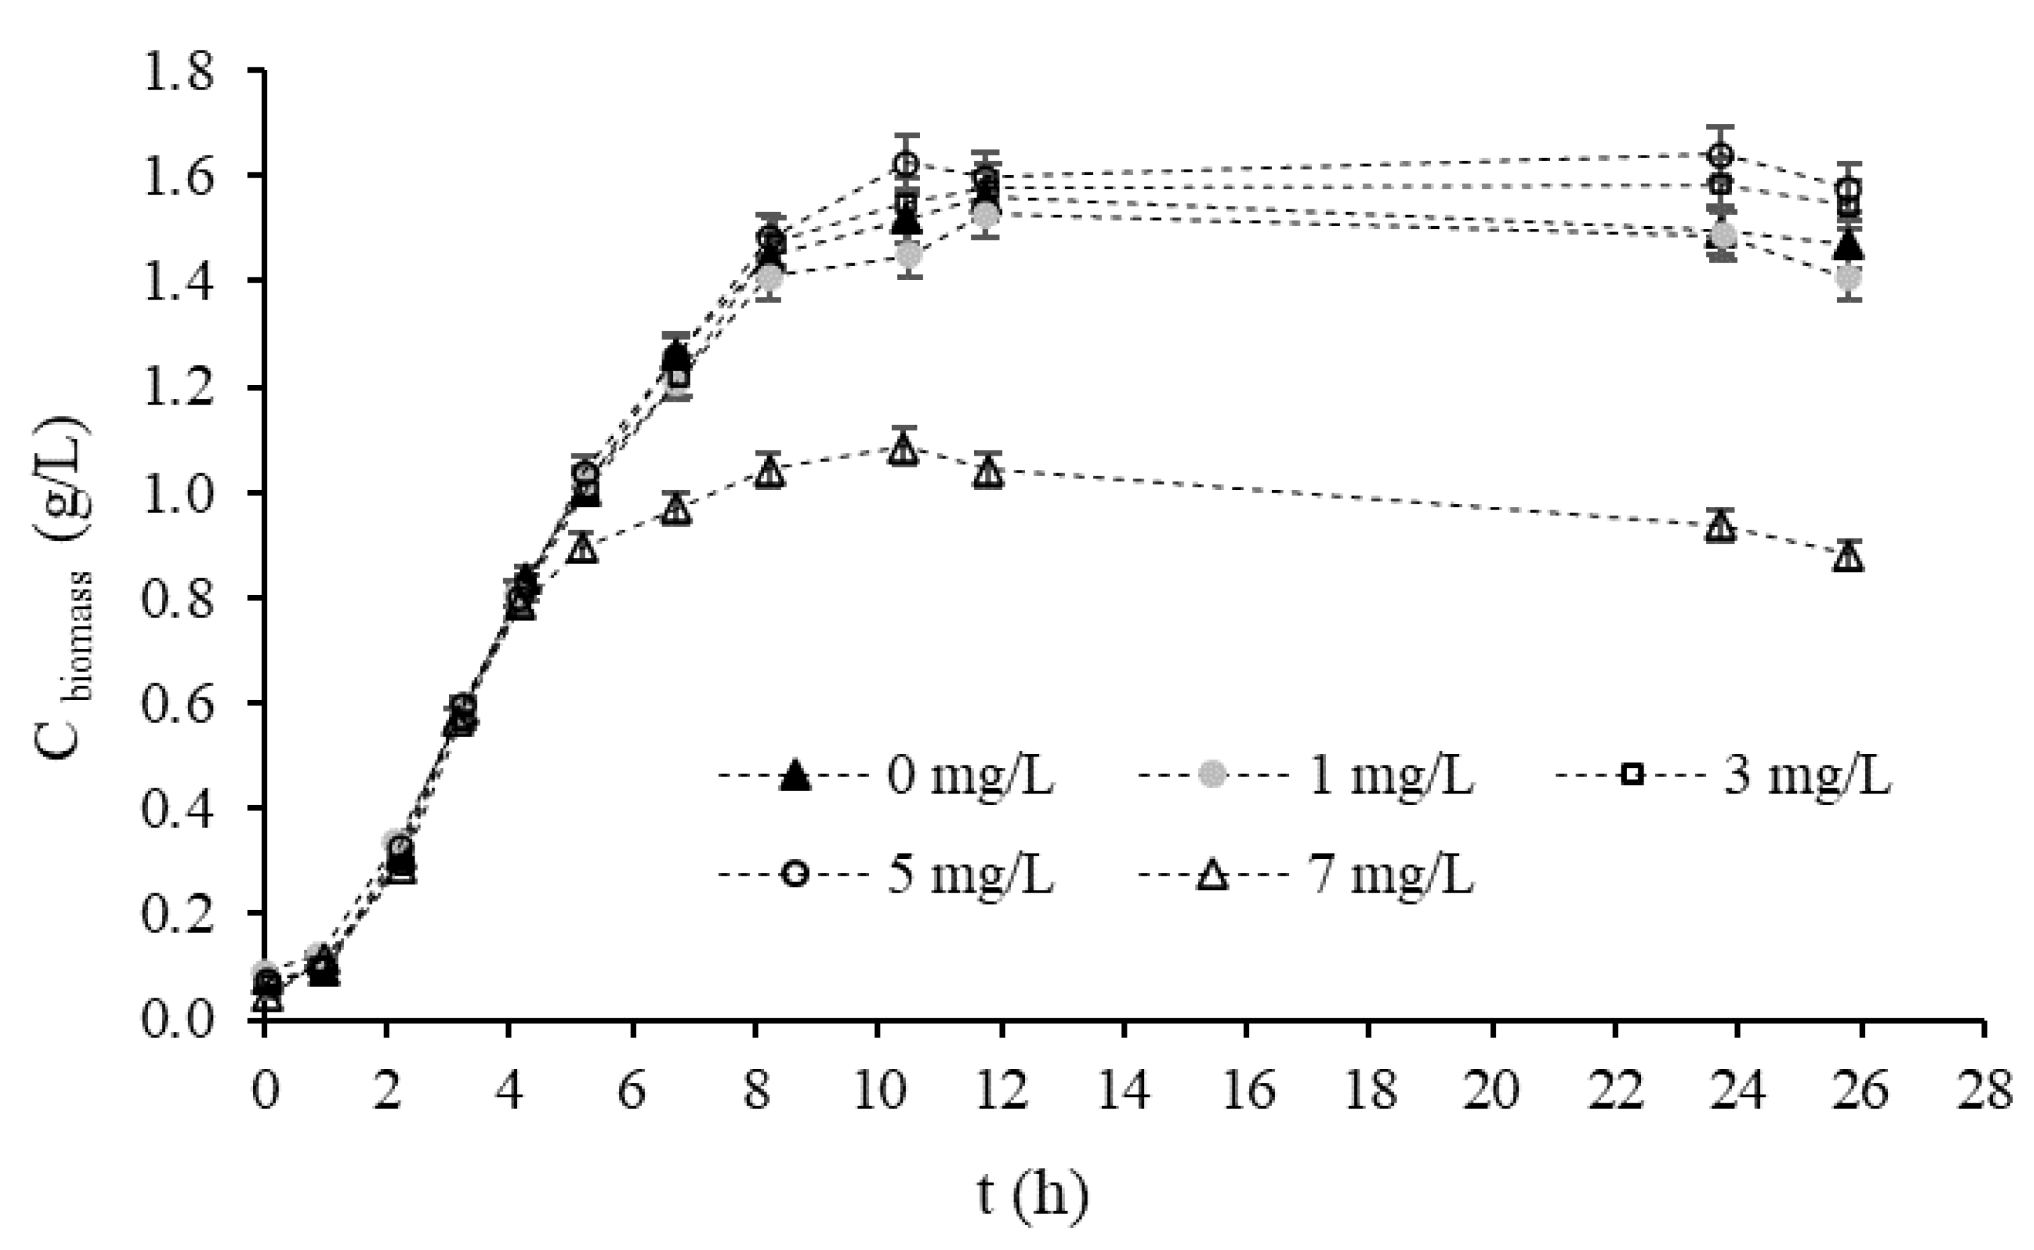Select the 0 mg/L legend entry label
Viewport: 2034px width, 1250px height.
point(971,776)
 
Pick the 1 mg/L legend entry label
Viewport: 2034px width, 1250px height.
point(1390,776)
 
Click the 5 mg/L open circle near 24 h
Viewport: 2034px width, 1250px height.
point(1721,155)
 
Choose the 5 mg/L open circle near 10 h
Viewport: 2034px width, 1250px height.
point(906,164)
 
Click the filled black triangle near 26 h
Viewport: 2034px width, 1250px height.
point(1849,246)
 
